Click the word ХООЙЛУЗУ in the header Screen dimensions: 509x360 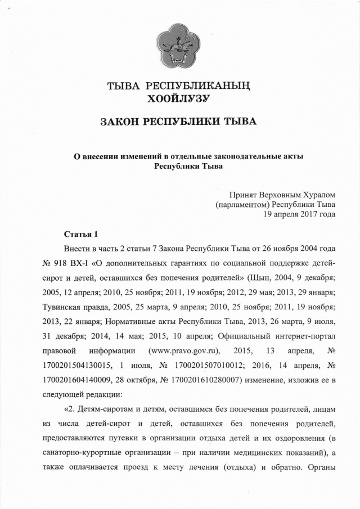[x=178, y=99]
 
